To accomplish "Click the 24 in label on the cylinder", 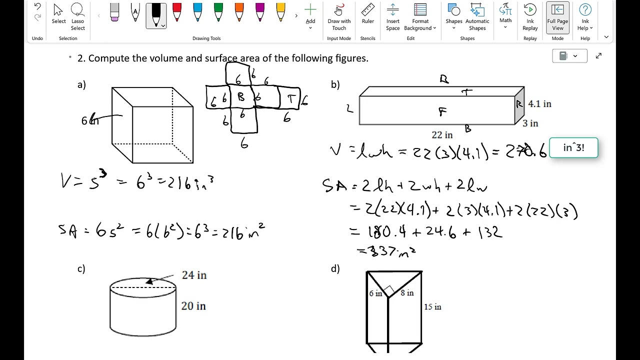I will (194, 275).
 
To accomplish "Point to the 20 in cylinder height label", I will (193, 306).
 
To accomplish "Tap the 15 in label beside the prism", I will (432, 307).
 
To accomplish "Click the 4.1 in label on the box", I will (539, 104).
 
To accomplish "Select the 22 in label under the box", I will (442, 135).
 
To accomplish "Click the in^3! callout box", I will (573, 148).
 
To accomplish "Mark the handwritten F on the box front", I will (442, 111).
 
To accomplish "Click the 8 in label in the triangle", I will (407, 293).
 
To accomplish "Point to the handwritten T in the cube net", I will (290, 98).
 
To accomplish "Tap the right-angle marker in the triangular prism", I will (390, 290).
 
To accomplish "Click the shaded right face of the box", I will (519, 105).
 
